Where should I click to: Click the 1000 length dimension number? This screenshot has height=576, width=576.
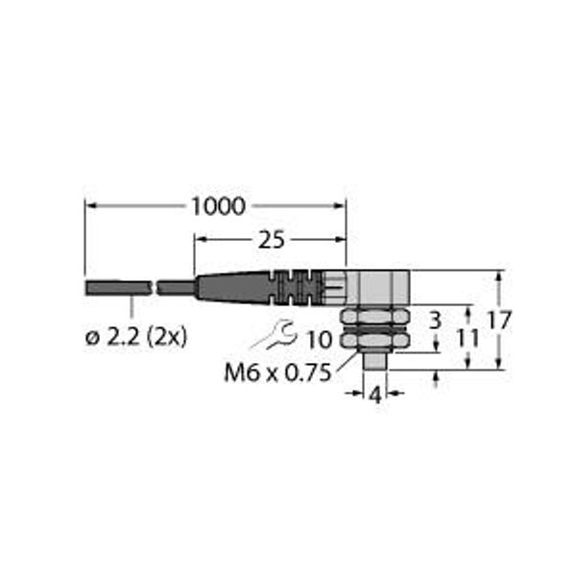pyautogui.click(x=218, y=206)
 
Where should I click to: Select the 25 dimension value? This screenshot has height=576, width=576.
pyautogui.click(x=272, y=241)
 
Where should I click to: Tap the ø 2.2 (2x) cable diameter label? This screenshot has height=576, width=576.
pyautogui.click(x=136, y=337)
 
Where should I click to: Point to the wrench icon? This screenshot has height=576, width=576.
pyautogui.click(x=276, y=335)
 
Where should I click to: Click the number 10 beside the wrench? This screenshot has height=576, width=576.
pyautogui.click(x=320, y=340)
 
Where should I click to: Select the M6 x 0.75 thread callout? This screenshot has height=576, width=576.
pyautogui.click(x=277, y=373)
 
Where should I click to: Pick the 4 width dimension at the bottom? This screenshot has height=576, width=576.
pyautogui.click(x=375, y=396)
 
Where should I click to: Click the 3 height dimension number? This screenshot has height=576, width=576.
pyautogui.click(x=435, y=321)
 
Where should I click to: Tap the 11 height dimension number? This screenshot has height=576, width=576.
pyautogui.click(x=468, y=338)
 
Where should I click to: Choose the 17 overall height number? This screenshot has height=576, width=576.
pyautogui.click(x=499, y=321)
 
